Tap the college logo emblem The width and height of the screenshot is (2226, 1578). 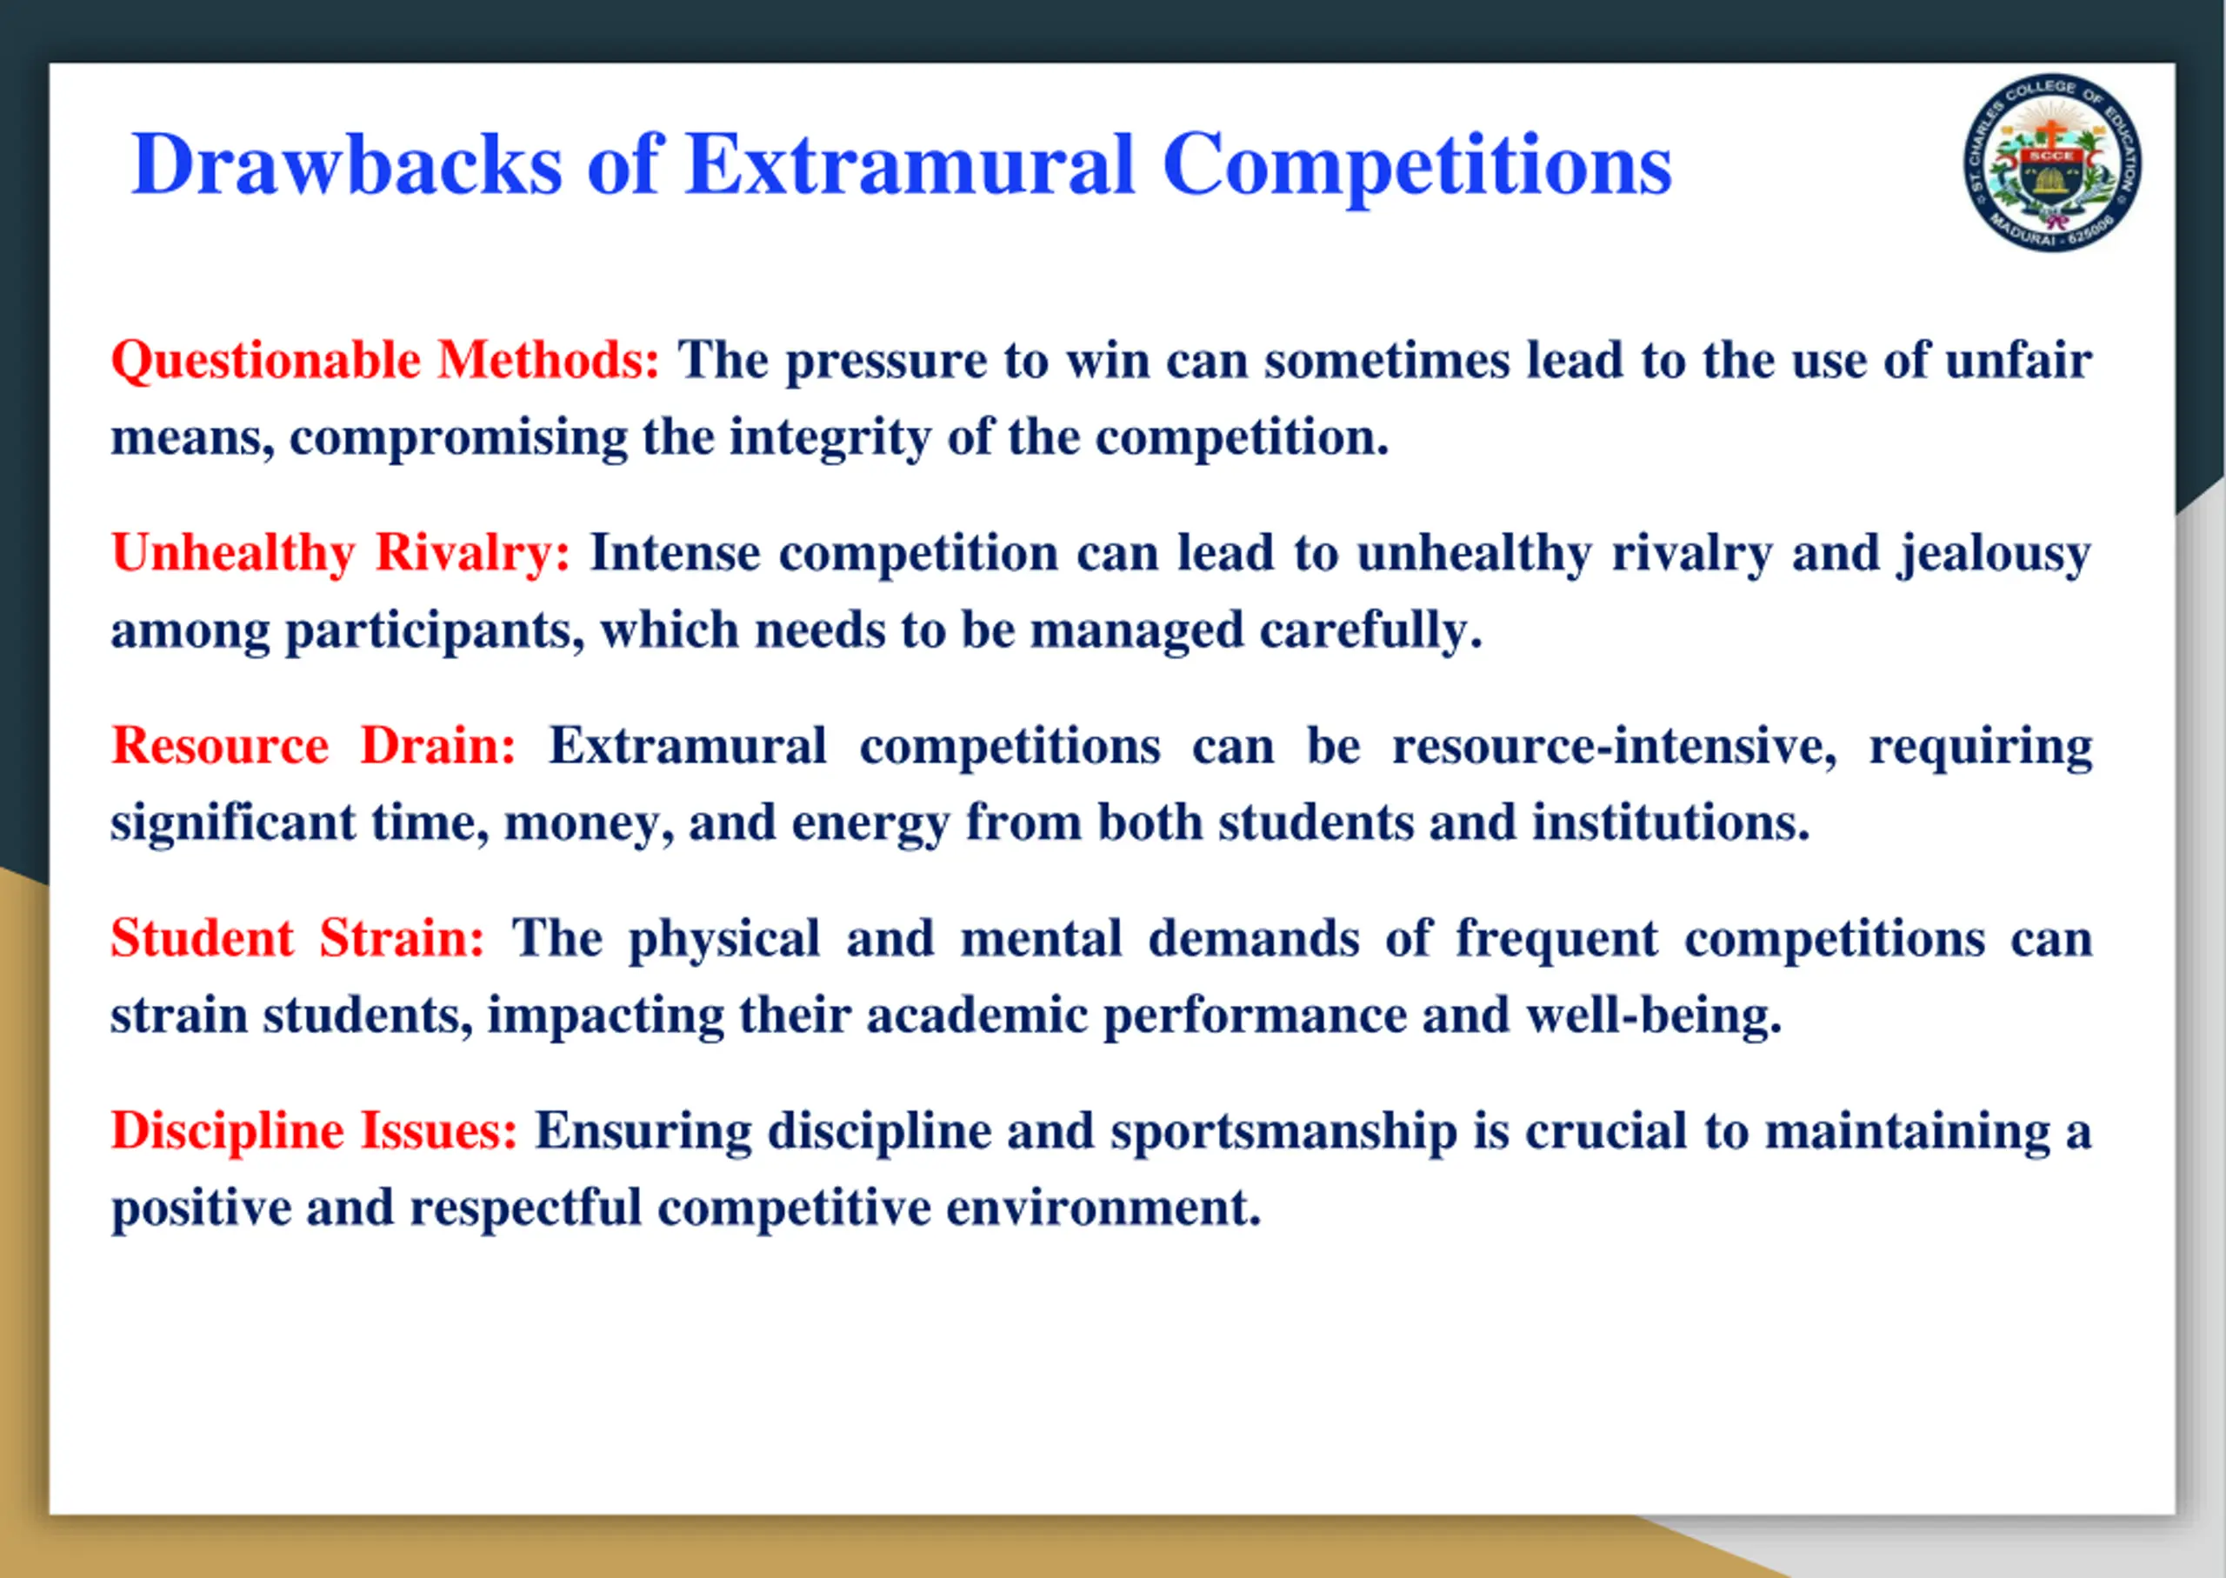click(x=2052, y=163)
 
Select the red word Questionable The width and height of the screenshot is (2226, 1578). click(x=266, y=362)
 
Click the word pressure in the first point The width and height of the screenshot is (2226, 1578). click(x=886, y=362)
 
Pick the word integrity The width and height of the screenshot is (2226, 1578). click(x=830, y=438)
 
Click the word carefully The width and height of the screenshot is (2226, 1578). click(x=1371, y=631)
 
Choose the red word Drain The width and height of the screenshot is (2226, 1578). click(x=437, y=745)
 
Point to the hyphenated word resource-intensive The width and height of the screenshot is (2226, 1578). click(x=1614, y=746)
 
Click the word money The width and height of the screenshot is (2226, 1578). click(x=589, y=824)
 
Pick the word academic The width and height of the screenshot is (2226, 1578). click(x=976, y=1015)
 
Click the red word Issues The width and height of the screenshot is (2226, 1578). click(x=439, y=1131)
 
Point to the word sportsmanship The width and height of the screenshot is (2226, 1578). click(x=1283, y=1132)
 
